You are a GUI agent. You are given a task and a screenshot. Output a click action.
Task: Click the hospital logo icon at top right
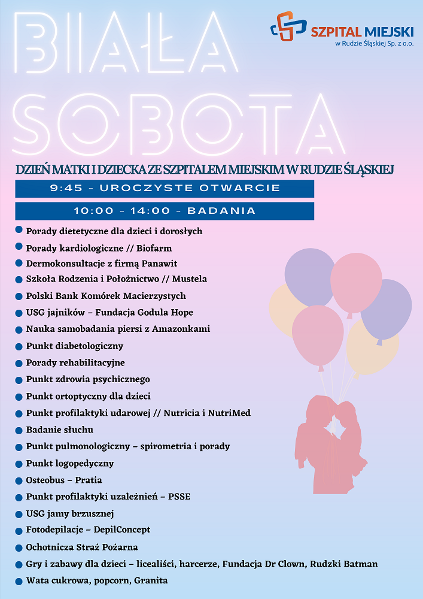(288, 26)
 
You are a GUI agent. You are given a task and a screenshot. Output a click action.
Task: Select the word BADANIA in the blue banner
(221, 211)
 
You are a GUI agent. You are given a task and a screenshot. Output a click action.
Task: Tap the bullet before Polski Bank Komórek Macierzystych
(19, 296)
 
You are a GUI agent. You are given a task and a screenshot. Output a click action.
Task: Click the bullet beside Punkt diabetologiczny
(19, 346)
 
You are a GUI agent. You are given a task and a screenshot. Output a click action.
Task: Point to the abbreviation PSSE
(179, 497)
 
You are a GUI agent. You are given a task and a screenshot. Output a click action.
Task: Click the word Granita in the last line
(151, 580)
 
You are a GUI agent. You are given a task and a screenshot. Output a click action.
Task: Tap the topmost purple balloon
(309, 276)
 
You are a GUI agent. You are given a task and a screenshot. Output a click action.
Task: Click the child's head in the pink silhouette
(346, 413)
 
